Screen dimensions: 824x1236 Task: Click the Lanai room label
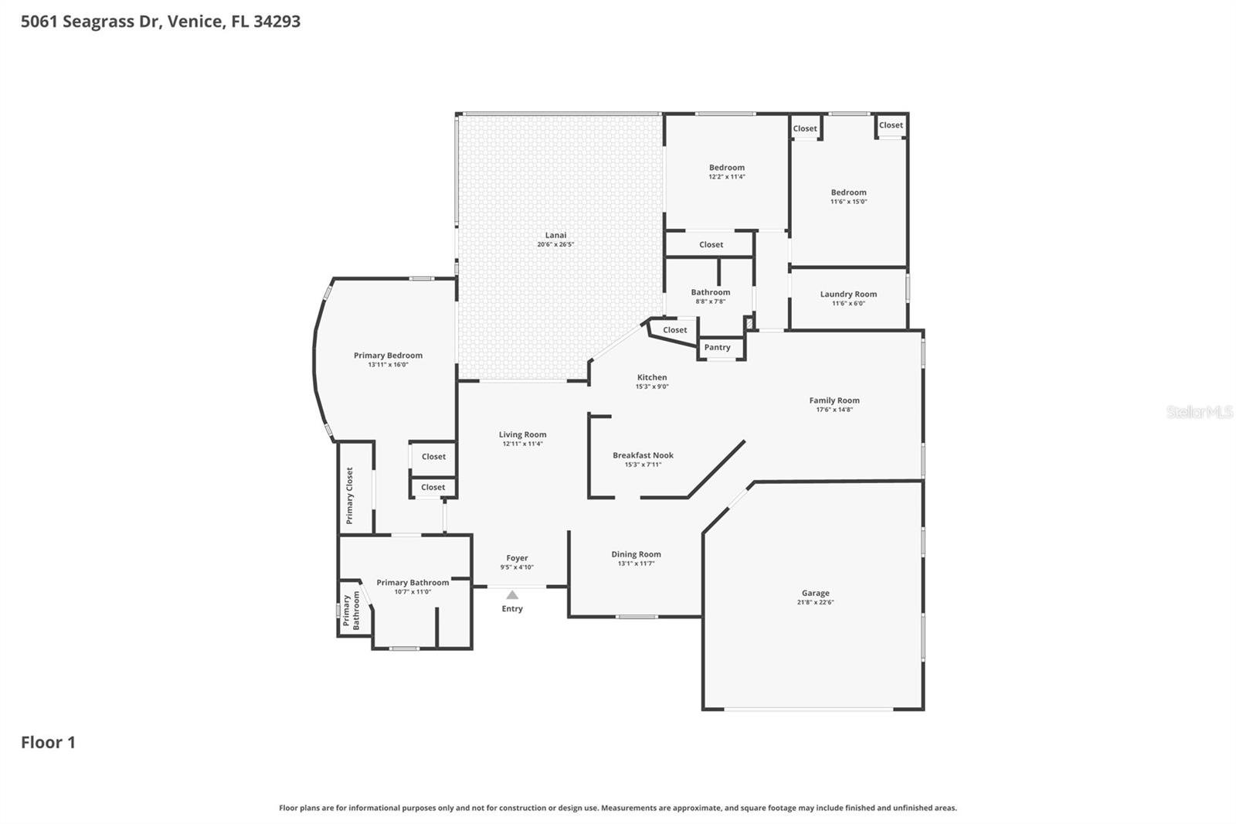555,235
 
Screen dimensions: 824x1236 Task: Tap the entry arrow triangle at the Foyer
512,595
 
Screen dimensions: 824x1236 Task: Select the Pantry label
717,348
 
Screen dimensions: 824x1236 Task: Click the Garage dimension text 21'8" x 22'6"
815,602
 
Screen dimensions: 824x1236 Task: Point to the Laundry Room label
848,294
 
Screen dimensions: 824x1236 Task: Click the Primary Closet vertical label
350,495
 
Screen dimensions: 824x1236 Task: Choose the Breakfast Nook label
643,455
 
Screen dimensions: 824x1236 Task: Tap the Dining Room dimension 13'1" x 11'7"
636,564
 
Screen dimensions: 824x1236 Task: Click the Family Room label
834,400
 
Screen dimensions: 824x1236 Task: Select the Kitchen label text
651,377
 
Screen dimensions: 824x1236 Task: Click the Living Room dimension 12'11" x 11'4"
522,444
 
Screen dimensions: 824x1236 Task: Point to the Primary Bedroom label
388,356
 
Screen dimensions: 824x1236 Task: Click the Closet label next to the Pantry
674,330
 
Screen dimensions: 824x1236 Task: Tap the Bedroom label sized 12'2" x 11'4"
727,167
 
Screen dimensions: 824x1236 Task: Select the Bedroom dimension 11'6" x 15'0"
848,202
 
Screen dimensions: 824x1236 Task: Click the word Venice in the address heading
194,22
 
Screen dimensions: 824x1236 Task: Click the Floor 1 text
48,743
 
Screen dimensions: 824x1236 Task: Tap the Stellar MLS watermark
1199,412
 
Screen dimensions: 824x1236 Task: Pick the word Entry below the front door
512,609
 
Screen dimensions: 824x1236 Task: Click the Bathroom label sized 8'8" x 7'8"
710,292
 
